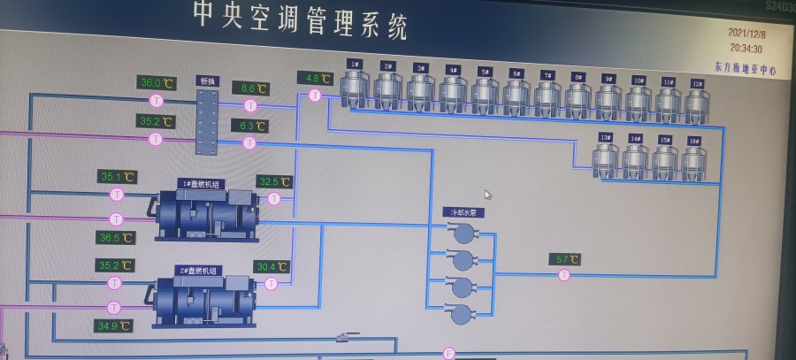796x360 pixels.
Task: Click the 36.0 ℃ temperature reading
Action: point(157,83)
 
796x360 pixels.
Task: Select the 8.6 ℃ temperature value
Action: point(249,88)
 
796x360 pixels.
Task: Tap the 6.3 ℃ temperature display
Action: point(249,126)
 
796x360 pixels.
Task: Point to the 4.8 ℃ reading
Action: point(313,79)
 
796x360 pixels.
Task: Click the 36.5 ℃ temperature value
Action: point(116,238)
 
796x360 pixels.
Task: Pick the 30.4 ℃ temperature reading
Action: point(272,266)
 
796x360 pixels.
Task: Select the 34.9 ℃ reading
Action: point(113,326)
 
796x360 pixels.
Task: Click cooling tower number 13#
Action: point(606,158)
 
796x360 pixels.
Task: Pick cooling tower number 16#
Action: point(693,160)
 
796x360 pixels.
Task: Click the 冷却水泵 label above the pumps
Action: point(463,212)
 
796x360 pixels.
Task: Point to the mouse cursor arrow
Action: point(487,195)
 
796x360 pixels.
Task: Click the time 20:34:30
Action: point(745,50)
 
